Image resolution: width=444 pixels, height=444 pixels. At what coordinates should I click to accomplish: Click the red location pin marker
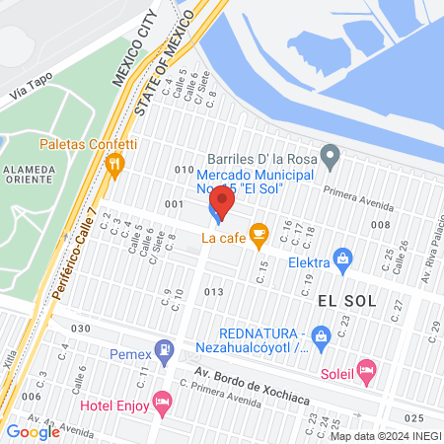tap(223, 202)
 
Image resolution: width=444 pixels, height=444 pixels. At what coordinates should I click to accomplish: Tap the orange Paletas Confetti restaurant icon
tap(116, 164)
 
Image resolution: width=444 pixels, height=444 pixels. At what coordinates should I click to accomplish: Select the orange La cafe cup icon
tap(259, 234)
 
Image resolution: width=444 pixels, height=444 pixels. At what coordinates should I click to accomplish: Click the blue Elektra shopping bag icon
tap(342, 260)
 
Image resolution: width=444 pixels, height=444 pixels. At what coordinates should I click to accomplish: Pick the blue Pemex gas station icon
tap(166, 349)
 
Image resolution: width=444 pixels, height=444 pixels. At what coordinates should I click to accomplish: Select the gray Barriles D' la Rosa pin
tap(332, 155)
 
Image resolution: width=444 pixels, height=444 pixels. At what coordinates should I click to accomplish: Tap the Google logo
tap(33, 431)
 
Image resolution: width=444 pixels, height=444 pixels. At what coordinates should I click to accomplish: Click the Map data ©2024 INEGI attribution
tap(385, 436)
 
